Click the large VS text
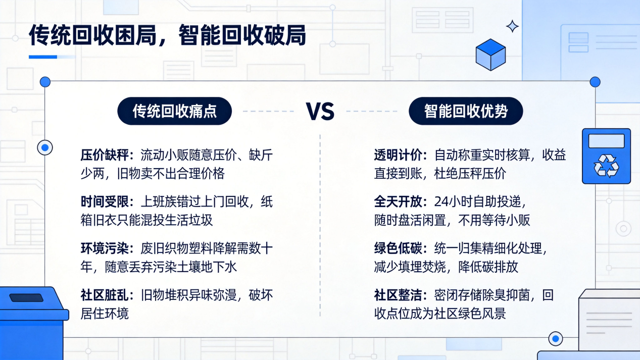click(320, 111)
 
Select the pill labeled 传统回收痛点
click(175, 111)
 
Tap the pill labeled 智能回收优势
click(466, 111)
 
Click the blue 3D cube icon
click(490, 55)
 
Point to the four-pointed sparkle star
click(512, 27)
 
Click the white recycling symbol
click(606, 166)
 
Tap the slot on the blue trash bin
click(26, 298)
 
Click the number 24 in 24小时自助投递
click(441, 202)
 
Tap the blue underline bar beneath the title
click(43, 57)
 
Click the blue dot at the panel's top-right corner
click(595, 82)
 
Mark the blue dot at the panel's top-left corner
click(45, 82)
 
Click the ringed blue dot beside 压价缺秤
click(45, 147)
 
